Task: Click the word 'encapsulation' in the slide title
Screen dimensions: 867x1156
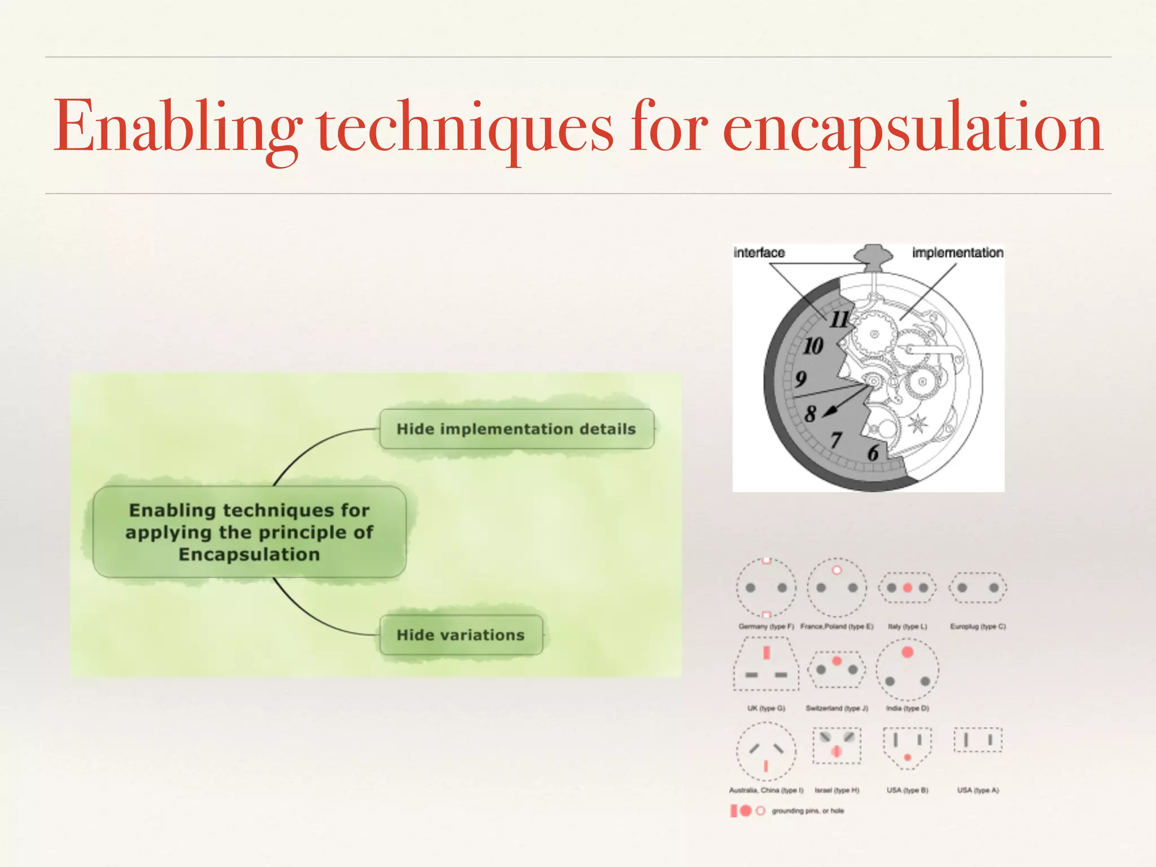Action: coord(912,128)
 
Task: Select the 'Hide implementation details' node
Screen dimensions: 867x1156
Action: coord(516,429)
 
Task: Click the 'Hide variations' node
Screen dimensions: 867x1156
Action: coord(461,635)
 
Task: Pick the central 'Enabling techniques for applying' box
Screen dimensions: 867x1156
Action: coord(249,532)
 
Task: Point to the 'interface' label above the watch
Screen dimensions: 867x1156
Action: coord(759,253)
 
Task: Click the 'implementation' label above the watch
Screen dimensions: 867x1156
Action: coord(957,253)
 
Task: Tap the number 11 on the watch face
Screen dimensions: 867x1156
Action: coord(839,319)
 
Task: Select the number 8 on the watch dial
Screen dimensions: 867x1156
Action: coord(811,414)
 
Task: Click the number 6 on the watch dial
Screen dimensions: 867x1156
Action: coord(873,453)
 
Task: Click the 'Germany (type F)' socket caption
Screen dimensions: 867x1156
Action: coord(766,627)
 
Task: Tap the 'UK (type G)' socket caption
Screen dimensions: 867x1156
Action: coord(766,708)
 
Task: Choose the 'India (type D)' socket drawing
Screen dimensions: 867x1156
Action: coord(907,669)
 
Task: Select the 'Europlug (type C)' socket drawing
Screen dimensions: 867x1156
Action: coord(978,588)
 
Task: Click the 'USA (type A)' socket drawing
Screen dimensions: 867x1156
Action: coord(978,740)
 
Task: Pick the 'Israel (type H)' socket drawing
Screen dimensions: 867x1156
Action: coord(837,745)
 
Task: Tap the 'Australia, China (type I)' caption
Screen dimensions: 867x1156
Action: coord(766,790)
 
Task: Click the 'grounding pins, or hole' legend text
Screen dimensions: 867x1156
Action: coord(808,811)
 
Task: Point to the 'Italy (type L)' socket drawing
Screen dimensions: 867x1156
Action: coord(907,588)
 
